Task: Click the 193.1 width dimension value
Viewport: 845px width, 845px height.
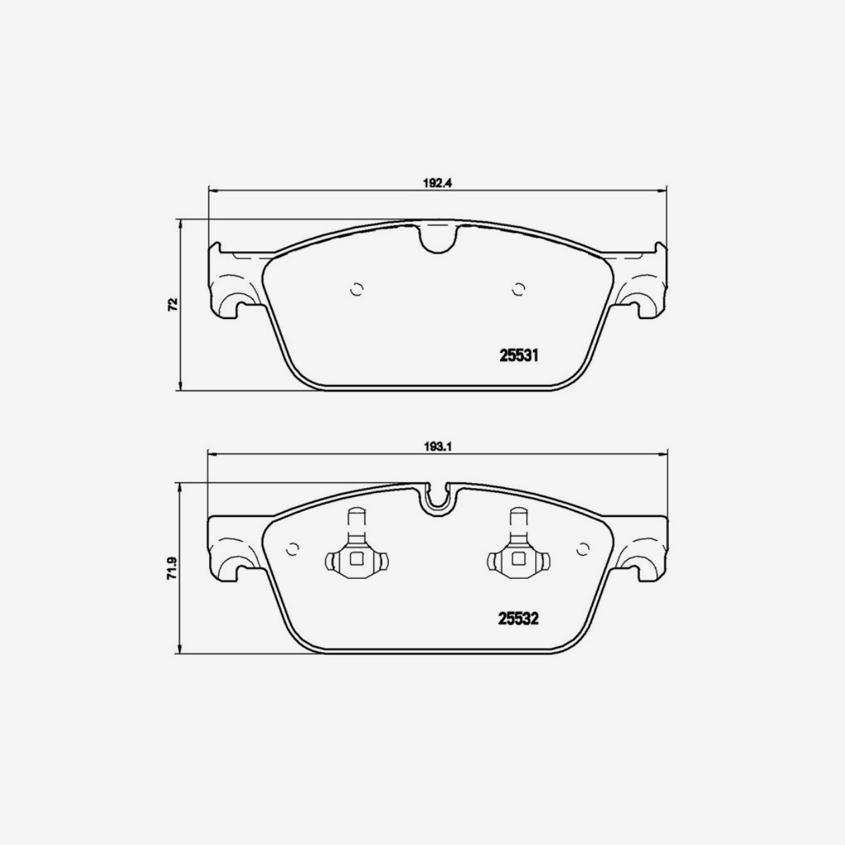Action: click(437, 446)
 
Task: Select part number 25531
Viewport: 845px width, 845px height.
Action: click(519, 356)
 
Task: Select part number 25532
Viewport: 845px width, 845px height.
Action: click(519, 619)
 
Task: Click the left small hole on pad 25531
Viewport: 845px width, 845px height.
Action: click(357, 289)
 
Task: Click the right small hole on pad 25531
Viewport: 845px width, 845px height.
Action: click(519, 289)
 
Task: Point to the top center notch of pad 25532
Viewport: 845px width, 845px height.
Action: click(437, 499)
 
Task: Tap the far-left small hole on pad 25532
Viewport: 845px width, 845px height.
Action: click(293, 549)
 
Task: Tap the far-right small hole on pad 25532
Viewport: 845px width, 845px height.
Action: click(582, 549)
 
